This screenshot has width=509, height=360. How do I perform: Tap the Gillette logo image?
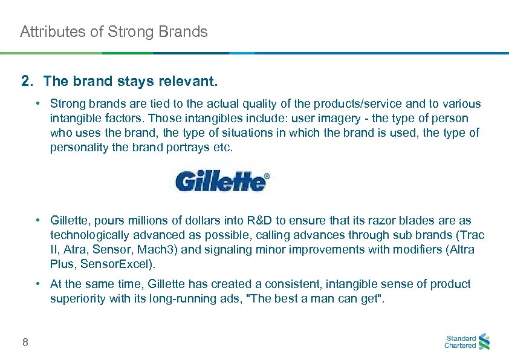(222, 181)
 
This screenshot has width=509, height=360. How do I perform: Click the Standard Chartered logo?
(467, 342)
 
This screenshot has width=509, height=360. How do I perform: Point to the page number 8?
(25, 343)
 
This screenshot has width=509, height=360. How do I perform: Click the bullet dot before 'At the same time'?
(37, 284)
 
